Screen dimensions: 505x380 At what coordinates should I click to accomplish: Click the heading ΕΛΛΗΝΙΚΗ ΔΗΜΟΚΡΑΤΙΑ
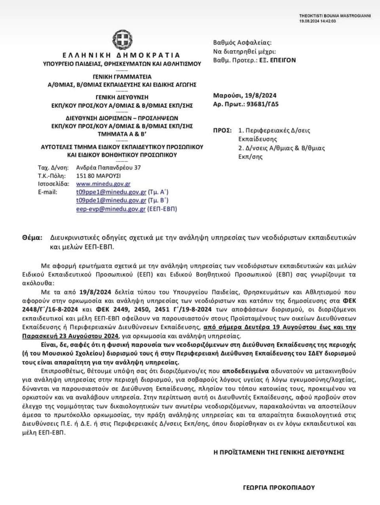tap(122, 55)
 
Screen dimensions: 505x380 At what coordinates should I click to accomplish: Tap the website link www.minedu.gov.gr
tap(103, 184)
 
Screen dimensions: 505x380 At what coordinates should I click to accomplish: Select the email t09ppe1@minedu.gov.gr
tap(111, 192)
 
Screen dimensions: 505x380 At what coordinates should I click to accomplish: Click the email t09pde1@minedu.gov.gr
tap(111, 201)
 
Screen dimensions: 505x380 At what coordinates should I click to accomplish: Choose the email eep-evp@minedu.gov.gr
tap(111, 209)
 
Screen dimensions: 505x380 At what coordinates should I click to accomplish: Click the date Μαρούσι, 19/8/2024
tap(245, 95)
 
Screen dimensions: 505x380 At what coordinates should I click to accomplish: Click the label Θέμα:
tap(32, 238)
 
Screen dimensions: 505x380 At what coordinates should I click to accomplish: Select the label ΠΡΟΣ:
tap(222, 130)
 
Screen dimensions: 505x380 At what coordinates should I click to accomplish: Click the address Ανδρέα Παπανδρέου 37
tap(108, 167)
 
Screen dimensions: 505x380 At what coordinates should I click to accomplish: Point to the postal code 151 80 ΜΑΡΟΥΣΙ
tap(98, 176)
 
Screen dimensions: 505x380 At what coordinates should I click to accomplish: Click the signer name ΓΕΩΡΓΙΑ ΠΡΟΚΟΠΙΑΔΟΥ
tap(279, 488)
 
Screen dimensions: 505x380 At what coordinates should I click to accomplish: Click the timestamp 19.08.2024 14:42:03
tap(317, 21)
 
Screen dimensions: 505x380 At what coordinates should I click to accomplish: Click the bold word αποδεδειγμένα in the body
tap(245, 371)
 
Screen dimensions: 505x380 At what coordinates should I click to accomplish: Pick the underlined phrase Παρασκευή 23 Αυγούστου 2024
tap(70, 336)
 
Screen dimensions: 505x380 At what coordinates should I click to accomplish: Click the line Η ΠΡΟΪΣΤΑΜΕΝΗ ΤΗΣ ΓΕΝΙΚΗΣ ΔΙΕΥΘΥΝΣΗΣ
tap(279, 452)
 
